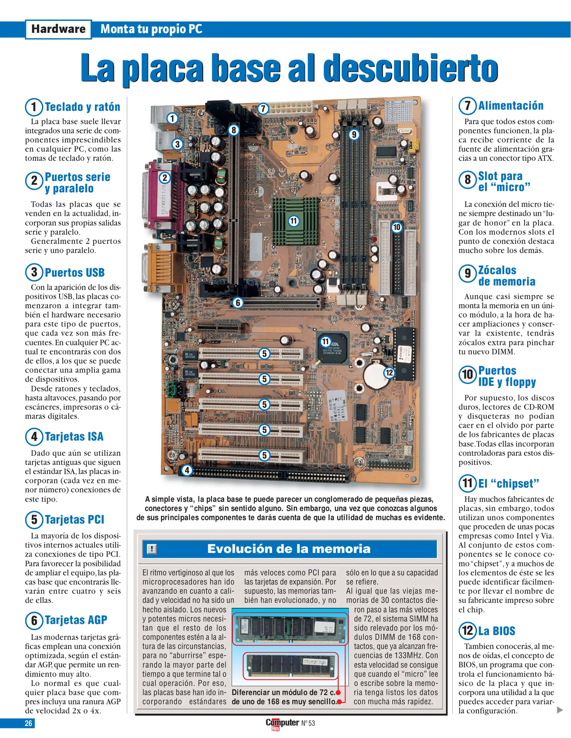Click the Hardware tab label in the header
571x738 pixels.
pos(58,29)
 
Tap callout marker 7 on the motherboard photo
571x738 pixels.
pos(263,109)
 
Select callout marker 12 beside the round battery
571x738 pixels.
pos(389,372)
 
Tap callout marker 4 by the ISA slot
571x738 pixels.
pos(187,470)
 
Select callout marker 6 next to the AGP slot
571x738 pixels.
pos(238,303)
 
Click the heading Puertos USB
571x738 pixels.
pos(74,273)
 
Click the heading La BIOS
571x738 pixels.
pos(496,631)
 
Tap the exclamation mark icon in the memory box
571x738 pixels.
pos(152,549)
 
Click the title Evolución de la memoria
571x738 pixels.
pos(289,549)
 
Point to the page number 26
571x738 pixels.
pos(28,723)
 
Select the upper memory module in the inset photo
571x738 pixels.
pos(290,629)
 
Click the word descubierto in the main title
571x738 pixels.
pos(410,68)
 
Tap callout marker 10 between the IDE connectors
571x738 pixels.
pos(396,227)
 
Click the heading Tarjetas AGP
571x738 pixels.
pos(76,620)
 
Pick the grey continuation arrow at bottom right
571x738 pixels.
pos(559,710)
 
